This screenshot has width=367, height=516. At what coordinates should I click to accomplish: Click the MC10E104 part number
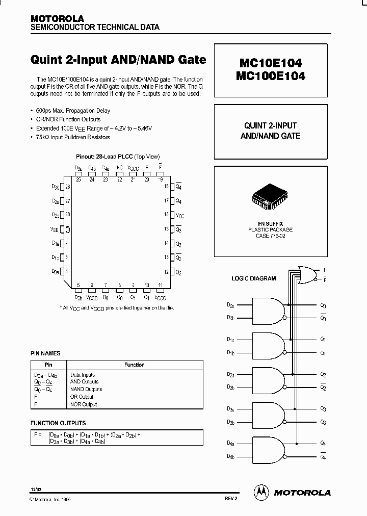pos(271,63)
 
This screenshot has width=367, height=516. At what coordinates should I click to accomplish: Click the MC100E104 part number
pos(271,76)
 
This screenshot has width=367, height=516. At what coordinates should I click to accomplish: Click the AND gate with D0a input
pos(268,311)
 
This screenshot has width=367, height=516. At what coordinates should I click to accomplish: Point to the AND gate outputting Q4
pos(268,449)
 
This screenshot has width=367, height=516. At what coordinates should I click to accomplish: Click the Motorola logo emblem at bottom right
pos(261,492)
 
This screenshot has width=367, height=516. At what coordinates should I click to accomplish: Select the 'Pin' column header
pos(48,365)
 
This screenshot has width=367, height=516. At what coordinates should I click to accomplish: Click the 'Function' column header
pos(135,365)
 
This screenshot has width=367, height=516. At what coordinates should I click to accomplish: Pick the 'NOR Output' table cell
pos(83,404)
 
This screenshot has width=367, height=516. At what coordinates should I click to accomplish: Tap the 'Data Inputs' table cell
pos(82,375)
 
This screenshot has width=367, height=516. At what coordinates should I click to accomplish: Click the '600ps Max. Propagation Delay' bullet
pos(73,111)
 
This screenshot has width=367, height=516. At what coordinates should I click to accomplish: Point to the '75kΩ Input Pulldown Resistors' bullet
pos(73,137)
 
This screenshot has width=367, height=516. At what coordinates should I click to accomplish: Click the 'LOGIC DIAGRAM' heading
pos(253,278)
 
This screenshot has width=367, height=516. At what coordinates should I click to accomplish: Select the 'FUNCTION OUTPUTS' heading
pos(58,423)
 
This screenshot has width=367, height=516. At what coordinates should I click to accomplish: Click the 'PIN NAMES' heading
pos(45,353)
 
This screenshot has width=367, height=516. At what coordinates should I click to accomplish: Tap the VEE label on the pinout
pos(55,229)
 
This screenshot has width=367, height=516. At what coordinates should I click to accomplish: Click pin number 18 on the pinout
pos(166,187)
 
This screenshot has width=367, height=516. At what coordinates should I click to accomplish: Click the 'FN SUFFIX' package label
pos(270,224)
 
